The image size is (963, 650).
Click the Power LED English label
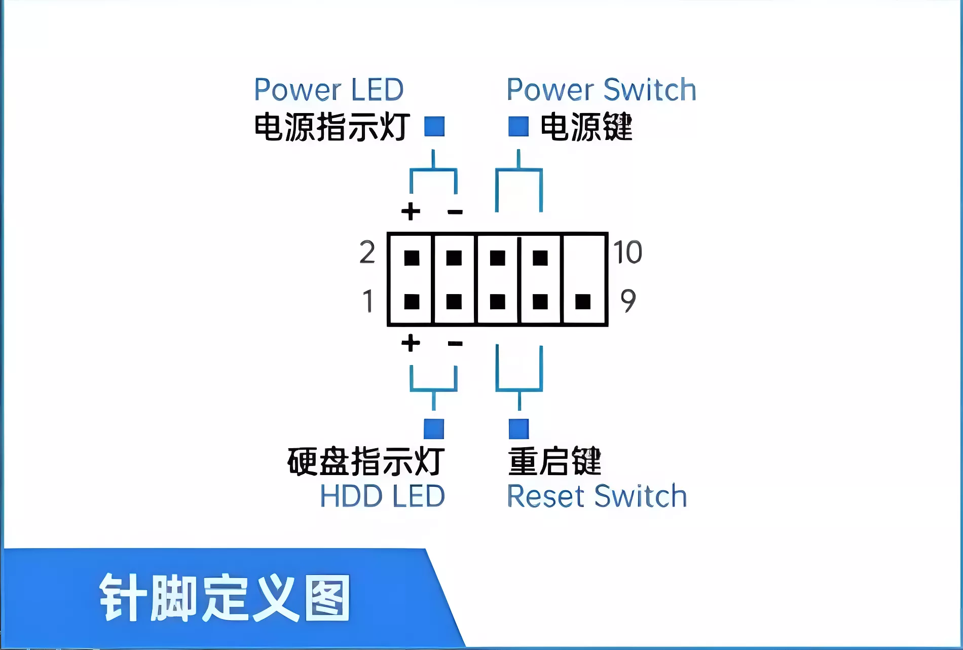328,90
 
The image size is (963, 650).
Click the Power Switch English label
601,90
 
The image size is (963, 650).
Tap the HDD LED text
382,496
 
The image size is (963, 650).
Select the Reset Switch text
597,496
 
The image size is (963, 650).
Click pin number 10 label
627,252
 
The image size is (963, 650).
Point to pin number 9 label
628,301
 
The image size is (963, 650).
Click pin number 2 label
367,252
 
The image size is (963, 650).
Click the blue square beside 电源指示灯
434,126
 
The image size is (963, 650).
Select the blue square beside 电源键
518,126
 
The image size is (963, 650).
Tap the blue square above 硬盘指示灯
434,429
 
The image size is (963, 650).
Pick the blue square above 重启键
518,429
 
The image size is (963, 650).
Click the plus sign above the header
411,211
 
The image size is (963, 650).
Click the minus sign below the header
455,344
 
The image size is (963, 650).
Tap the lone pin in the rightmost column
583,302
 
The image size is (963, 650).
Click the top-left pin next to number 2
412,258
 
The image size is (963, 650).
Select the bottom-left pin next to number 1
412,302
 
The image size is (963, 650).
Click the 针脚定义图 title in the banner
225,598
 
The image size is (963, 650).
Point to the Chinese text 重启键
554,461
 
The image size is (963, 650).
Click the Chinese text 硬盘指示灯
365,461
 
